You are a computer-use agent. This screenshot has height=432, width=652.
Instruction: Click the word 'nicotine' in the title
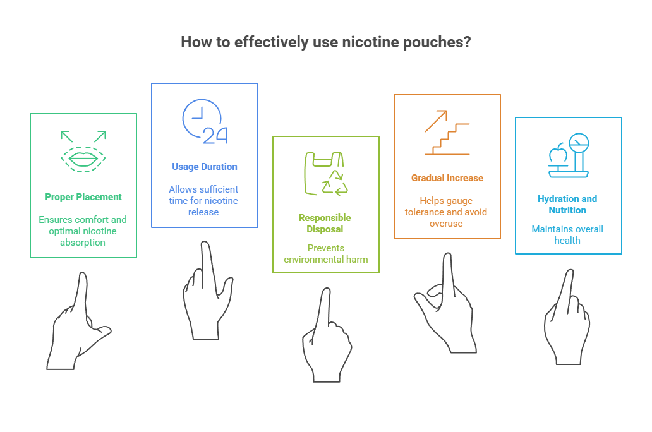372,42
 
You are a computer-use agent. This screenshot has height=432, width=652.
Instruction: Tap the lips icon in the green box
83,159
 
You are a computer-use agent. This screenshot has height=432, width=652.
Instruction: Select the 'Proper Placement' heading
83,197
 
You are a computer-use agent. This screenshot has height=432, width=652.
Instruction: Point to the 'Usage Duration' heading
204,167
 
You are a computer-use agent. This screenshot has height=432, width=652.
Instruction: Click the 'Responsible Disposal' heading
325,223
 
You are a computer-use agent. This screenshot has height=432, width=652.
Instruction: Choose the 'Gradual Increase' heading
447,178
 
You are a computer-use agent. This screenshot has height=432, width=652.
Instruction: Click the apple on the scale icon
558,154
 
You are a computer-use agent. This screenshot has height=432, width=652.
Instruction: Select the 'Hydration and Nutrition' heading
567,204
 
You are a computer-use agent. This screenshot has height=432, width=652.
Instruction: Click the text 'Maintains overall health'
567,234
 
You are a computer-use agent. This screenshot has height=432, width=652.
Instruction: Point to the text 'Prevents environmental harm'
325,254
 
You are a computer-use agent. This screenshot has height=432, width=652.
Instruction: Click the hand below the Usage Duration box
206,291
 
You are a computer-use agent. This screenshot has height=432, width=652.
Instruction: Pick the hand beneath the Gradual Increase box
445,303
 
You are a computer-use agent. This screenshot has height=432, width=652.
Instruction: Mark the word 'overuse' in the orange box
447,224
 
